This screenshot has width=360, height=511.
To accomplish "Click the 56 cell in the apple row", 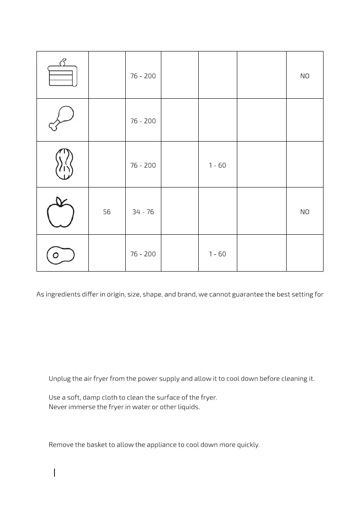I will click(107, 212).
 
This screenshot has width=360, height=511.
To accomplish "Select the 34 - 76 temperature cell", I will click(143, 212).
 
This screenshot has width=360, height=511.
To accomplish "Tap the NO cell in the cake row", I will click(305, 76).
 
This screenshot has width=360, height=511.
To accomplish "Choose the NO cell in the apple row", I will click(305, 212).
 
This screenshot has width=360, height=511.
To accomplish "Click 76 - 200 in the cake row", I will click(143, 76).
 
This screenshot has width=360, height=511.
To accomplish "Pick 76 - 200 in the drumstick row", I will click(143, 121).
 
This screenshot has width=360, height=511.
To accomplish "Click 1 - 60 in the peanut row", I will click(218, 166).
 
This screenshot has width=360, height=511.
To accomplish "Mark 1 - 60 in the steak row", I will click(218, 254).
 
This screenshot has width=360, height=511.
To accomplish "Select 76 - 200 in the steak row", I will click(143, 254).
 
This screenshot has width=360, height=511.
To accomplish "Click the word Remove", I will click(61, 444).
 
